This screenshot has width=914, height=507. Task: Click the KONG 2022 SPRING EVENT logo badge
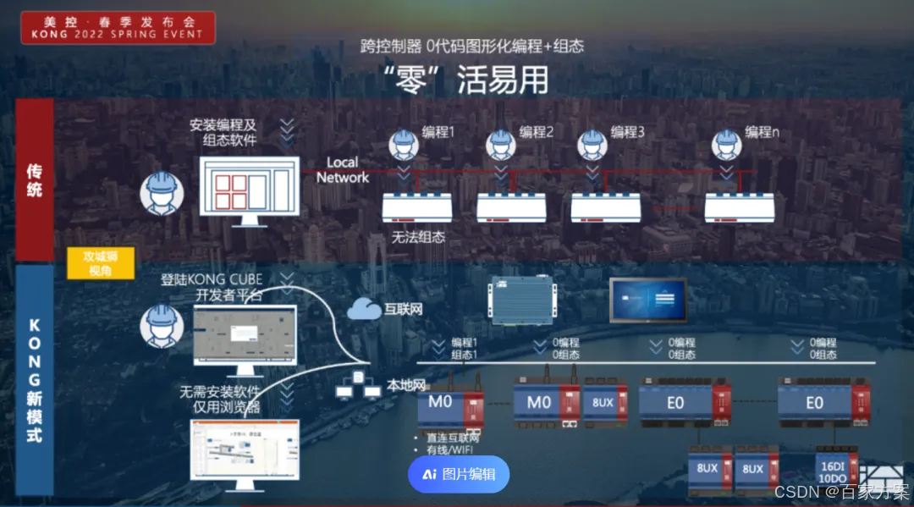click(118, 27)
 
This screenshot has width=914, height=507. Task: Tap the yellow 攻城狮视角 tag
click(101, 263)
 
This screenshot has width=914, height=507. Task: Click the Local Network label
click(343, 170)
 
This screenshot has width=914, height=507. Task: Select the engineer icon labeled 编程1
click(404, 144)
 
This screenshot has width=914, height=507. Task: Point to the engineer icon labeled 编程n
click(726, 144)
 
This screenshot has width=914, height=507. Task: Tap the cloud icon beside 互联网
click(364, 310)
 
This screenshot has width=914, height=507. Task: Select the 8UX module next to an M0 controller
click(603, 403)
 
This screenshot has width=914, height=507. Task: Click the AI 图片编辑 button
click(459, 474)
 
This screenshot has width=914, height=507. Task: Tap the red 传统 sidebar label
click(35, 179)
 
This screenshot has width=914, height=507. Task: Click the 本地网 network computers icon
click(359, 385)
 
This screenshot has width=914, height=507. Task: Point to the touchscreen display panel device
click(649, 300)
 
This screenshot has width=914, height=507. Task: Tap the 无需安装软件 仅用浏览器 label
click(219, 400)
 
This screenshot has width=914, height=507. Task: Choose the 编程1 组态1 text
click(465, 348)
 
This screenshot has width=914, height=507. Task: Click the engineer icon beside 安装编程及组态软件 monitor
click(161, 194)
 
